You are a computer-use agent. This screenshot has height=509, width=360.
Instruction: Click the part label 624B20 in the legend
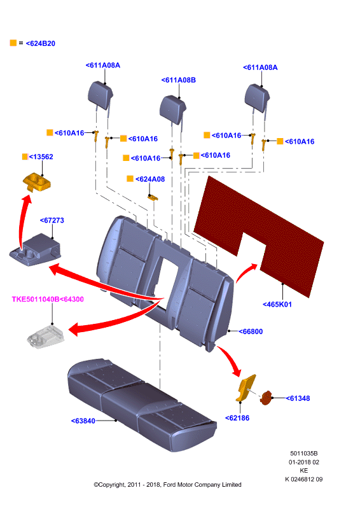41,43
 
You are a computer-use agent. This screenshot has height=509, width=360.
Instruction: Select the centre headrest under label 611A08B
173,109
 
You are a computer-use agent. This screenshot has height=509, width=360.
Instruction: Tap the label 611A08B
179,80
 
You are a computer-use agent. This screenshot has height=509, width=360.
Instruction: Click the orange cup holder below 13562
37,182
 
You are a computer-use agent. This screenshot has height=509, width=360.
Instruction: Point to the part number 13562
41,157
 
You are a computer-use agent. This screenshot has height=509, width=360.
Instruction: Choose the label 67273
52,220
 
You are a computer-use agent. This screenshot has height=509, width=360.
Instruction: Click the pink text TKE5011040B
36,299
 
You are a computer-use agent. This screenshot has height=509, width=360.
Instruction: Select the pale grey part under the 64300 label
45,337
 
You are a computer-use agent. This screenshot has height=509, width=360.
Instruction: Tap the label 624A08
150,179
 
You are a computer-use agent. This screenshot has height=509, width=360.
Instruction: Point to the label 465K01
277,305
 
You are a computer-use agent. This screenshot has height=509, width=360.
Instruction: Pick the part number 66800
251,331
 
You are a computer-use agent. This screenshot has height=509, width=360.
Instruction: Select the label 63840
83,421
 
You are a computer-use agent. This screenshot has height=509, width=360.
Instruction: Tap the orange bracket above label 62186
246,388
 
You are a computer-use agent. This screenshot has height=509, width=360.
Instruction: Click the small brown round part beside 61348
265,398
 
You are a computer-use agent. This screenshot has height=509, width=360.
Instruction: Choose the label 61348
298,398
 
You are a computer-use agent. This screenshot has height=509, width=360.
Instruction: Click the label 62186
237,418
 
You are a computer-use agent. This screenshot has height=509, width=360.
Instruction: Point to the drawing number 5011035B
304,454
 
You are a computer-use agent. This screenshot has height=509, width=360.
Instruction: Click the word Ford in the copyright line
170,485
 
